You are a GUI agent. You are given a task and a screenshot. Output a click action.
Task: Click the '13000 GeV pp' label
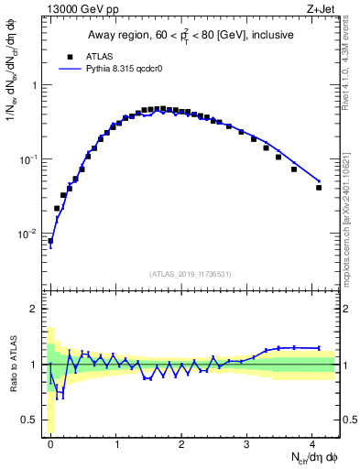pyautogui.click(x=75, y=10)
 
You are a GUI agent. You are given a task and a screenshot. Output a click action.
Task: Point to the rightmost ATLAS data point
pyautogui.click(x=319, y=188)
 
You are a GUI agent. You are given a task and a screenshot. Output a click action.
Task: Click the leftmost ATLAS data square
pyautogui.click(x=50, y=241)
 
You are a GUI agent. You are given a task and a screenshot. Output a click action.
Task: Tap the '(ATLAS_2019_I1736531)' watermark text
pyautogui.click(x=190, y=273)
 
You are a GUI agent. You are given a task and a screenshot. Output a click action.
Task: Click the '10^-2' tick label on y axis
pyautogui.click(x=27, y=234)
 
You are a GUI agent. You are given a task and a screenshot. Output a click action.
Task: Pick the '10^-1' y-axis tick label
pyautogui.click(x=27, y=159)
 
